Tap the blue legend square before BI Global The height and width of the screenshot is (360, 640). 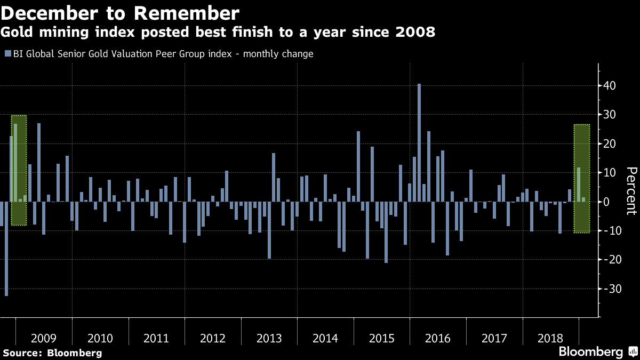coord(7,54)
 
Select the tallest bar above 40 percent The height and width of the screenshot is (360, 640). coord(419,142)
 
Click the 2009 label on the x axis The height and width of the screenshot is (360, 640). coord(44,339)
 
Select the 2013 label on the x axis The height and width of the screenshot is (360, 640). coord(269,339)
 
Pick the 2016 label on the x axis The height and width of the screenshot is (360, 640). coord(438,339)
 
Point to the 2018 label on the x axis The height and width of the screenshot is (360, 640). coord(550,339)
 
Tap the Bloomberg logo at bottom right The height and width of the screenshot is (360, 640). coord(597,352)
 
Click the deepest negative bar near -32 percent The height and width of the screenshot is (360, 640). coord(6,249)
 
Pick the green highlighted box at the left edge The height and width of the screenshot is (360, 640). coord(19,170)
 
